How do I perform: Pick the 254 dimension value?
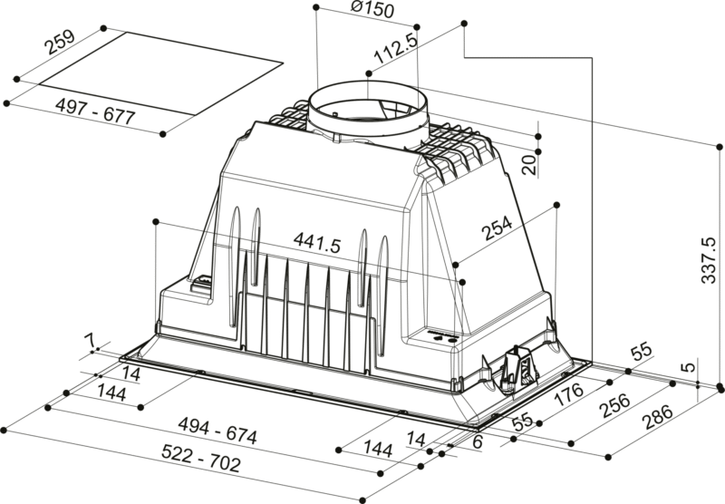(496, 229)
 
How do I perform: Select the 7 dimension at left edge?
(89, 340)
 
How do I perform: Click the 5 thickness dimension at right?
(691, 368)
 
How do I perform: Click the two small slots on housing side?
(445, 340)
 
